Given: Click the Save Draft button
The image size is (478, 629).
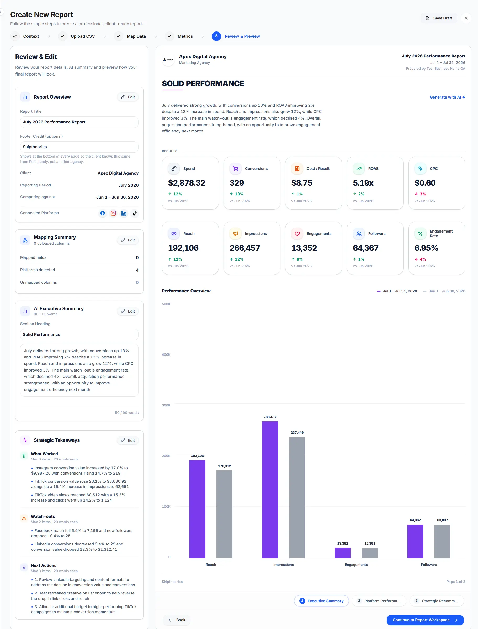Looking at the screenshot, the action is [439, 18].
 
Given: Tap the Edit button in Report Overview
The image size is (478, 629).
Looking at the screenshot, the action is [128, 97].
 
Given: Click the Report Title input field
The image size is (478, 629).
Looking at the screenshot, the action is [79, 122].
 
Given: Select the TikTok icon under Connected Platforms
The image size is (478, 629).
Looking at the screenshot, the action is [135, 213].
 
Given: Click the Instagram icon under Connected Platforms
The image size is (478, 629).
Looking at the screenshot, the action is [113, 213].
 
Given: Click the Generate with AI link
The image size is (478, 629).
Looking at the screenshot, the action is [447, 97].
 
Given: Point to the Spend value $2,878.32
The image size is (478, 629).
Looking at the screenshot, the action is [187, 183].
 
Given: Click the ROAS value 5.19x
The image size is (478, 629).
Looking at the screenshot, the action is [363, 183].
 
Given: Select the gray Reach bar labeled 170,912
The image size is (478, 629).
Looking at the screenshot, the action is [225, 514].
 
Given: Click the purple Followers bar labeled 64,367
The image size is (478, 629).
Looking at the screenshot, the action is [415, 541].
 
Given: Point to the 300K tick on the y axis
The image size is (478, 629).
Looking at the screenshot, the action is [166, 405].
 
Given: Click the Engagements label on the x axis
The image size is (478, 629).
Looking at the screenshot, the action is [356, 565].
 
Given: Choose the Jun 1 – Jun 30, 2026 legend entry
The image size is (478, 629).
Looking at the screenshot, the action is [444, 291].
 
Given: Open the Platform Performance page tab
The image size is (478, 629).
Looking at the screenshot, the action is [379, 601].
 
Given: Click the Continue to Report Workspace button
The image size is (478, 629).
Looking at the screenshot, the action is [425, 620].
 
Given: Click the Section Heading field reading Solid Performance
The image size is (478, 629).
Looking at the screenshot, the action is [79, 334].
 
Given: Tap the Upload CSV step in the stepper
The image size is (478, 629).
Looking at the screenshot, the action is [77, 36].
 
